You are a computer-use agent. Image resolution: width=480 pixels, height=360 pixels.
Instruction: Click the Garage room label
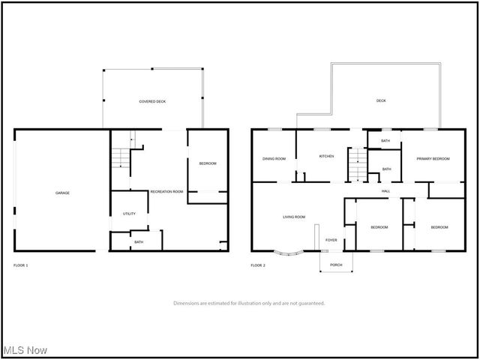(x=62, y=193)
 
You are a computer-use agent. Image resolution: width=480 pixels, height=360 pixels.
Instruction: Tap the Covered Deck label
(x=152, y=100)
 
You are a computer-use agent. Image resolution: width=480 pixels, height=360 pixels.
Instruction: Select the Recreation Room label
(x=166, y=192)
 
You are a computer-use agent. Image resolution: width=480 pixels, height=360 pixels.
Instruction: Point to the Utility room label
(x=129, y=214)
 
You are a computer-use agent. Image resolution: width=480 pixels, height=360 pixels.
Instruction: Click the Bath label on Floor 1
(x=139, y=241)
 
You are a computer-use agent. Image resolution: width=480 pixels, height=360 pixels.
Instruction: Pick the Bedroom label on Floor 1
(x=208, y=163)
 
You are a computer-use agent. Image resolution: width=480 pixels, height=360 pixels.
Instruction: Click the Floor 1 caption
(x=21, y=265)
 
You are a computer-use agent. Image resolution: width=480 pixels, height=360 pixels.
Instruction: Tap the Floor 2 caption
(x=258, y=265)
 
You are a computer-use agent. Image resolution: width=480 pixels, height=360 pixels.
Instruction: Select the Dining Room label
(x=274, y=158)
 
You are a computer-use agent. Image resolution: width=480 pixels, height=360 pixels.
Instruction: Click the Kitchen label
(x=326, y=156)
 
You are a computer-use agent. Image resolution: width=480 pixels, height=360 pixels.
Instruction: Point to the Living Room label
(x=294, y=217)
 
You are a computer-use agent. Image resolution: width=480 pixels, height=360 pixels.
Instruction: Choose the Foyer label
(x=331, y=240)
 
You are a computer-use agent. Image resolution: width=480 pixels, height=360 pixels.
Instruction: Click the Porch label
(x=336, y=265)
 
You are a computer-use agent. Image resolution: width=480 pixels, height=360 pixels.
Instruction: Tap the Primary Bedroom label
(x=433, y=158)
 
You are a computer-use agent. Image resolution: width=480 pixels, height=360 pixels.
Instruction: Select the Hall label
(x=385, y=191)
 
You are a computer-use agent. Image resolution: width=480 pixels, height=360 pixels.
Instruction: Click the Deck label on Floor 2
(x=381, y=100)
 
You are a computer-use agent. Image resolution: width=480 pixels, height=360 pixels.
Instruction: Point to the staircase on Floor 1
(x=121, y=157)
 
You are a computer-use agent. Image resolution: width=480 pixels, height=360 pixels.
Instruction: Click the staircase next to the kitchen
(x=357, y=164)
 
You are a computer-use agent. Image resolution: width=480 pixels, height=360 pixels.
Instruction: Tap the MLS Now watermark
(x=25, y=350)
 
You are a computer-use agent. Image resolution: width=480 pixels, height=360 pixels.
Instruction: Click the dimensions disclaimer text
(x=249, y=303)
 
